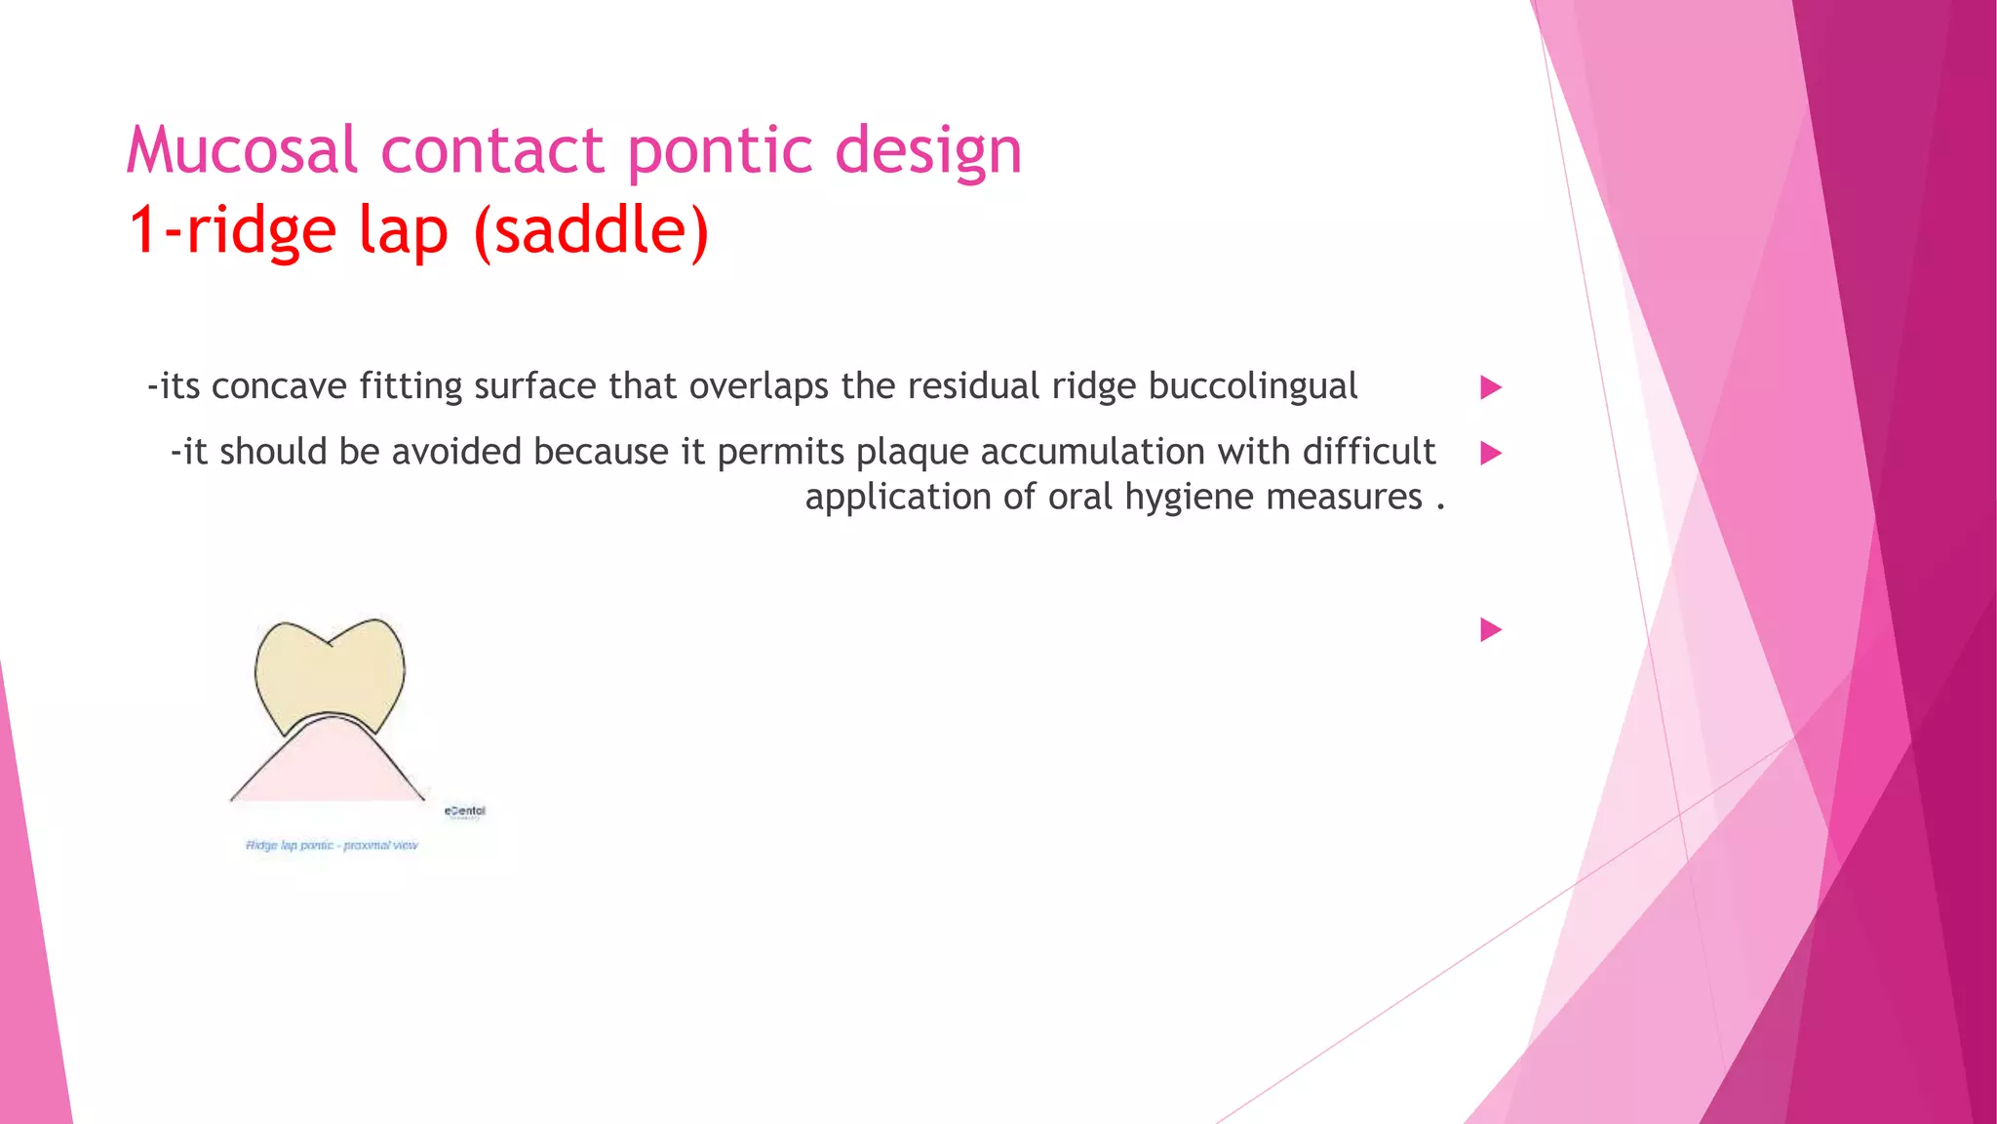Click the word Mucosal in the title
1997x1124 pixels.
(x=242, y=151)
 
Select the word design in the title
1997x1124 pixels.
(x=928, y=151)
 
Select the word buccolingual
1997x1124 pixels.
(x=1252, y=386)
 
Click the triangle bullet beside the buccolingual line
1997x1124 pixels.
(x=1490, y=387)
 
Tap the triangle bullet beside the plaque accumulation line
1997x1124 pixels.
(x=1490, y=453)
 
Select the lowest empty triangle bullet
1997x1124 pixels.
(x=1490, y=629)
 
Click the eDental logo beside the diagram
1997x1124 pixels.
(x=465, y=812)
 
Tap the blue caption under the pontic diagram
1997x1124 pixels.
(x=332, y=845)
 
